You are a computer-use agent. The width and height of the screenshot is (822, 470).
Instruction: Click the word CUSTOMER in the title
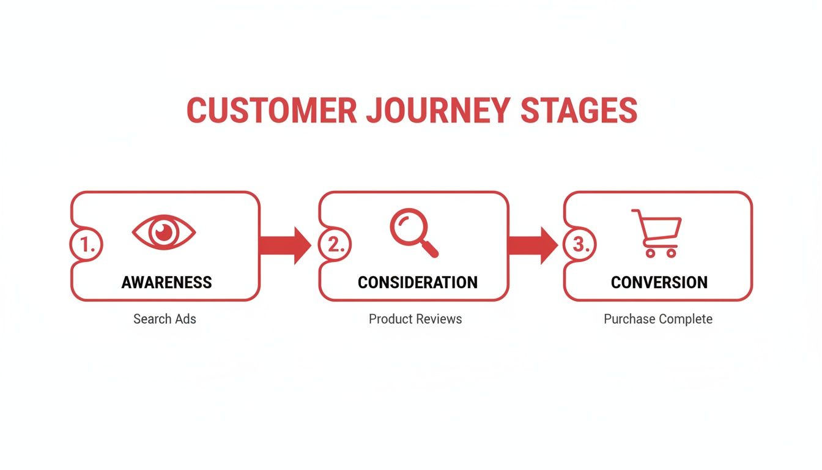[272, 111]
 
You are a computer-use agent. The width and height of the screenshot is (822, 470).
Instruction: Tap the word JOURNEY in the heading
[439, 111]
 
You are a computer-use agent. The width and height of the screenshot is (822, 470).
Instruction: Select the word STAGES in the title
[579, 111]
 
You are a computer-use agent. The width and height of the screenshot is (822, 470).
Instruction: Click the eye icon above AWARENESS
[164, 233]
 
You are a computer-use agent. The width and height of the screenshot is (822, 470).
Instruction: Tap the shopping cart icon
[657, 233]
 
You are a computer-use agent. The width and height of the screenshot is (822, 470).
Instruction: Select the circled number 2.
[334, 245]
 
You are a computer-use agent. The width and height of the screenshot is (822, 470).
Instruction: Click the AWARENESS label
[166, 283]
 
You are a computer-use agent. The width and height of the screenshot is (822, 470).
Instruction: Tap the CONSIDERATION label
[418, 283]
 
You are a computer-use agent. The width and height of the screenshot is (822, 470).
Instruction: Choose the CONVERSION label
[659, 283]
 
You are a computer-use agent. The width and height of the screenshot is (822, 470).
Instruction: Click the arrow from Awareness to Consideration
[286, 245]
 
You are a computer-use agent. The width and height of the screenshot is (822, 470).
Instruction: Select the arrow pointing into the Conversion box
[532, 245]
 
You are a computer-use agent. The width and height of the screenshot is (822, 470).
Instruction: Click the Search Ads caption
[165, 319]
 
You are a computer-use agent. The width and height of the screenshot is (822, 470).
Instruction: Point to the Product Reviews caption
[415, 319]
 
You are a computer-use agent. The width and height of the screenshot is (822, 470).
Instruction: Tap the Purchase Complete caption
[658, 319]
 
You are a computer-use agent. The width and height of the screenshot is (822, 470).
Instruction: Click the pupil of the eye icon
[164, 233]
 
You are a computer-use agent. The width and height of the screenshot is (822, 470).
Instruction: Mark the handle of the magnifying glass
[430, 248]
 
